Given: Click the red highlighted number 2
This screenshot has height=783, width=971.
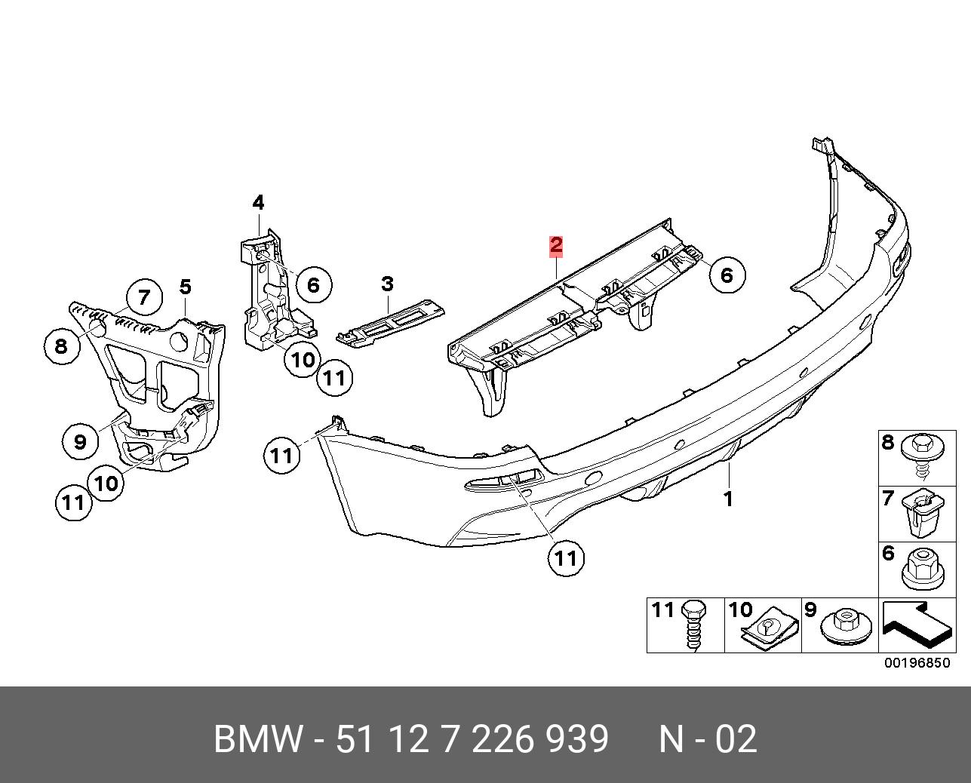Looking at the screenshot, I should coord(556,245).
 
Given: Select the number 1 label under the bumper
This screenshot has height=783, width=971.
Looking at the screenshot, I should coord(728,499).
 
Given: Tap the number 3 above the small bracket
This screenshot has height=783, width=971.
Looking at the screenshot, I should coord(387,284).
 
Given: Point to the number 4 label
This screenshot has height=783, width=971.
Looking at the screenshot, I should coord(258,202).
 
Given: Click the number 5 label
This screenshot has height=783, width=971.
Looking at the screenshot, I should coord(186,287).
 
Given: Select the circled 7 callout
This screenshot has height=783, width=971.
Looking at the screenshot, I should coord(144,296).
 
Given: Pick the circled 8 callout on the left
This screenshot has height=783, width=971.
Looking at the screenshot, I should coord(62,346).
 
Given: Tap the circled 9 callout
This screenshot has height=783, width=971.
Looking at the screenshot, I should coord(81,441).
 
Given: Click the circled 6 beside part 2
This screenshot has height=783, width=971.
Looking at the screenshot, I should coord(727,275).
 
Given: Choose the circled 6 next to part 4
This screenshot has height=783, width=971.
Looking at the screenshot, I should coord(313,284).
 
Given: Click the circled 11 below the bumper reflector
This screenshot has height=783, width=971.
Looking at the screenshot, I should coord(566,557).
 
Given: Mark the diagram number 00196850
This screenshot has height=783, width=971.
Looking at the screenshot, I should coord(917,664).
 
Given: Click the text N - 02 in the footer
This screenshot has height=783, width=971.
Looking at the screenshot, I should coord(707,740).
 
